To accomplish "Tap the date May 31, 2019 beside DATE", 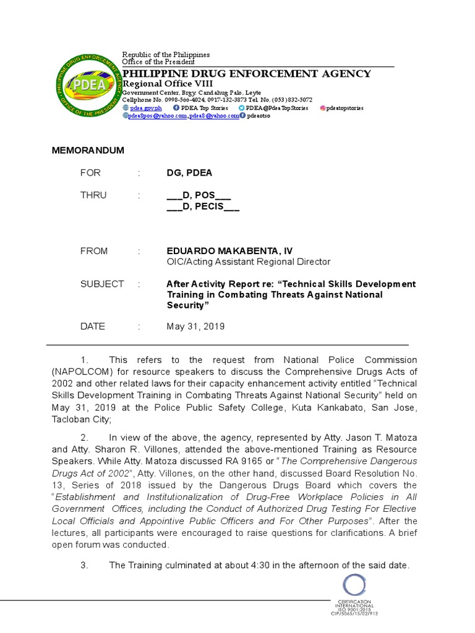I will click(195, 326).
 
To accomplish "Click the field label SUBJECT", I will click(102, 284).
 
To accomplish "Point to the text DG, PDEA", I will click(189, 173).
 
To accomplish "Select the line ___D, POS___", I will click(199, 195).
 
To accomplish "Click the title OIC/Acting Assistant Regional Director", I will click(249, 262).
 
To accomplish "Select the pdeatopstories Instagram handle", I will click(344, 108).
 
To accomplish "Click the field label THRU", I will click(93, 195).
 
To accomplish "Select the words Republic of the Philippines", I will click(166, 55).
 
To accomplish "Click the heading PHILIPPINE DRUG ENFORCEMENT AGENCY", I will click(247, 74).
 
